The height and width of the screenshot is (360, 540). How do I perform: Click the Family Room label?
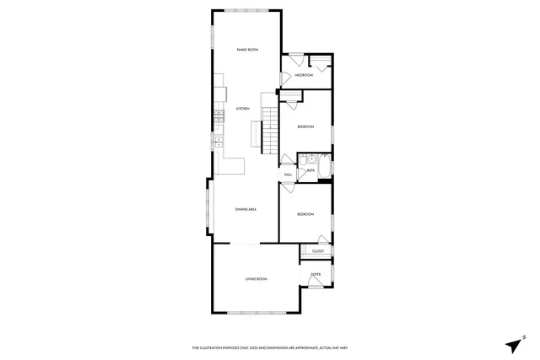point(246,51)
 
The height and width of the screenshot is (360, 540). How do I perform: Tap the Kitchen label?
point(242,109)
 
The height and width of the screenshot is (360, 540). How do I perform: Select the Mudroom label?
point(304,76)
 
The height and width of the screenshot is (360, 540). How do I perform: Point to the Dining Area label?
point(246,209)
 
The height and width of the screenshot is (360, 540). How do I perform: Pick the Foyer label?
point(316,274)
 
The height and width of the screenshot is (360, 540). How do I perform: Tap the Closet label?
point(318,251)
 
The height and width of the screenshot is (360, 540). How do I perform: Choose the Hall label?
point(288,175)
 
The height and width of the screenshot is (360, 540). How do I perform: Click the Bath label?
point(310,170)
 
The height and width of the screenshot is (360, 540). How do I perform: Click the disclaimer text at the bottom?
point(270,348)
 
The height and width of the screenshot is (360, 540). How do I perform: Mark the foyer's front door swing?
point(315,284)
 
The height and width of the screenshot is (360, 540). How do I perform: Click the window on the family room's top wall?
point(246,10)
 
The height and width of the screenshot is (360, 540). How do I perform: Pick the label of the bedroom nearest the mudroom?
point(305,126)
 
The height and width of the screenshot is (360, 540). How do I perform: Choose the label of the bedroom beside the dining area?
point(305,214)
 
